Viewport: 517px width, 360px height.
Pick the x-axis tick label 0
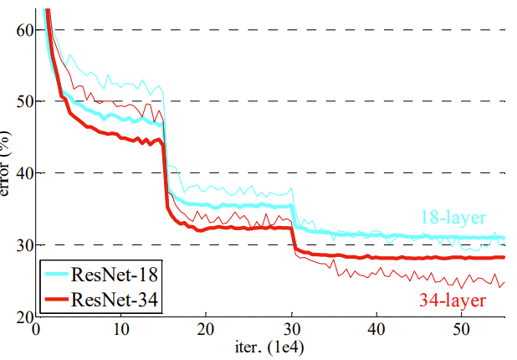[36, 329]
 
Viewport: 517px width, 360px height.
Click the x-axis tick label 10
[121, 329]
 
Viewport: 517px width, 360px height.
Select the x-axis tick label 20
[207, 329]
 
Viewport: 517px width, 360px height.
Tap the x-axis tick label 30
[292, 329]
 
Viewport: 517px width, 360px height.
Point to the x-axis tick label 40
[377, 329]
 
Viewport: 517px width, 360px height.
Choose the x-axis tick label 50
[463, 329]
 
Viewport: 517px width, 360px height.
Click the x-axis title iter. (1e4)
[270, 347]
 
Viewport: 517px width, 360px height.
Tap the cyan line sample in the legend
[59, 275]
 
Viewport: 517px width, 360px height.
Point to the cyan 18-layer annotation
[453, 219]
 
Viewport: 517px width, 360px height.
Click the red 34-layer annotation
[453, 300]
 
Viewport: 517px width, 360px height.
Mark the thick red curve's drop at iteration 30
[293, 238]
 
